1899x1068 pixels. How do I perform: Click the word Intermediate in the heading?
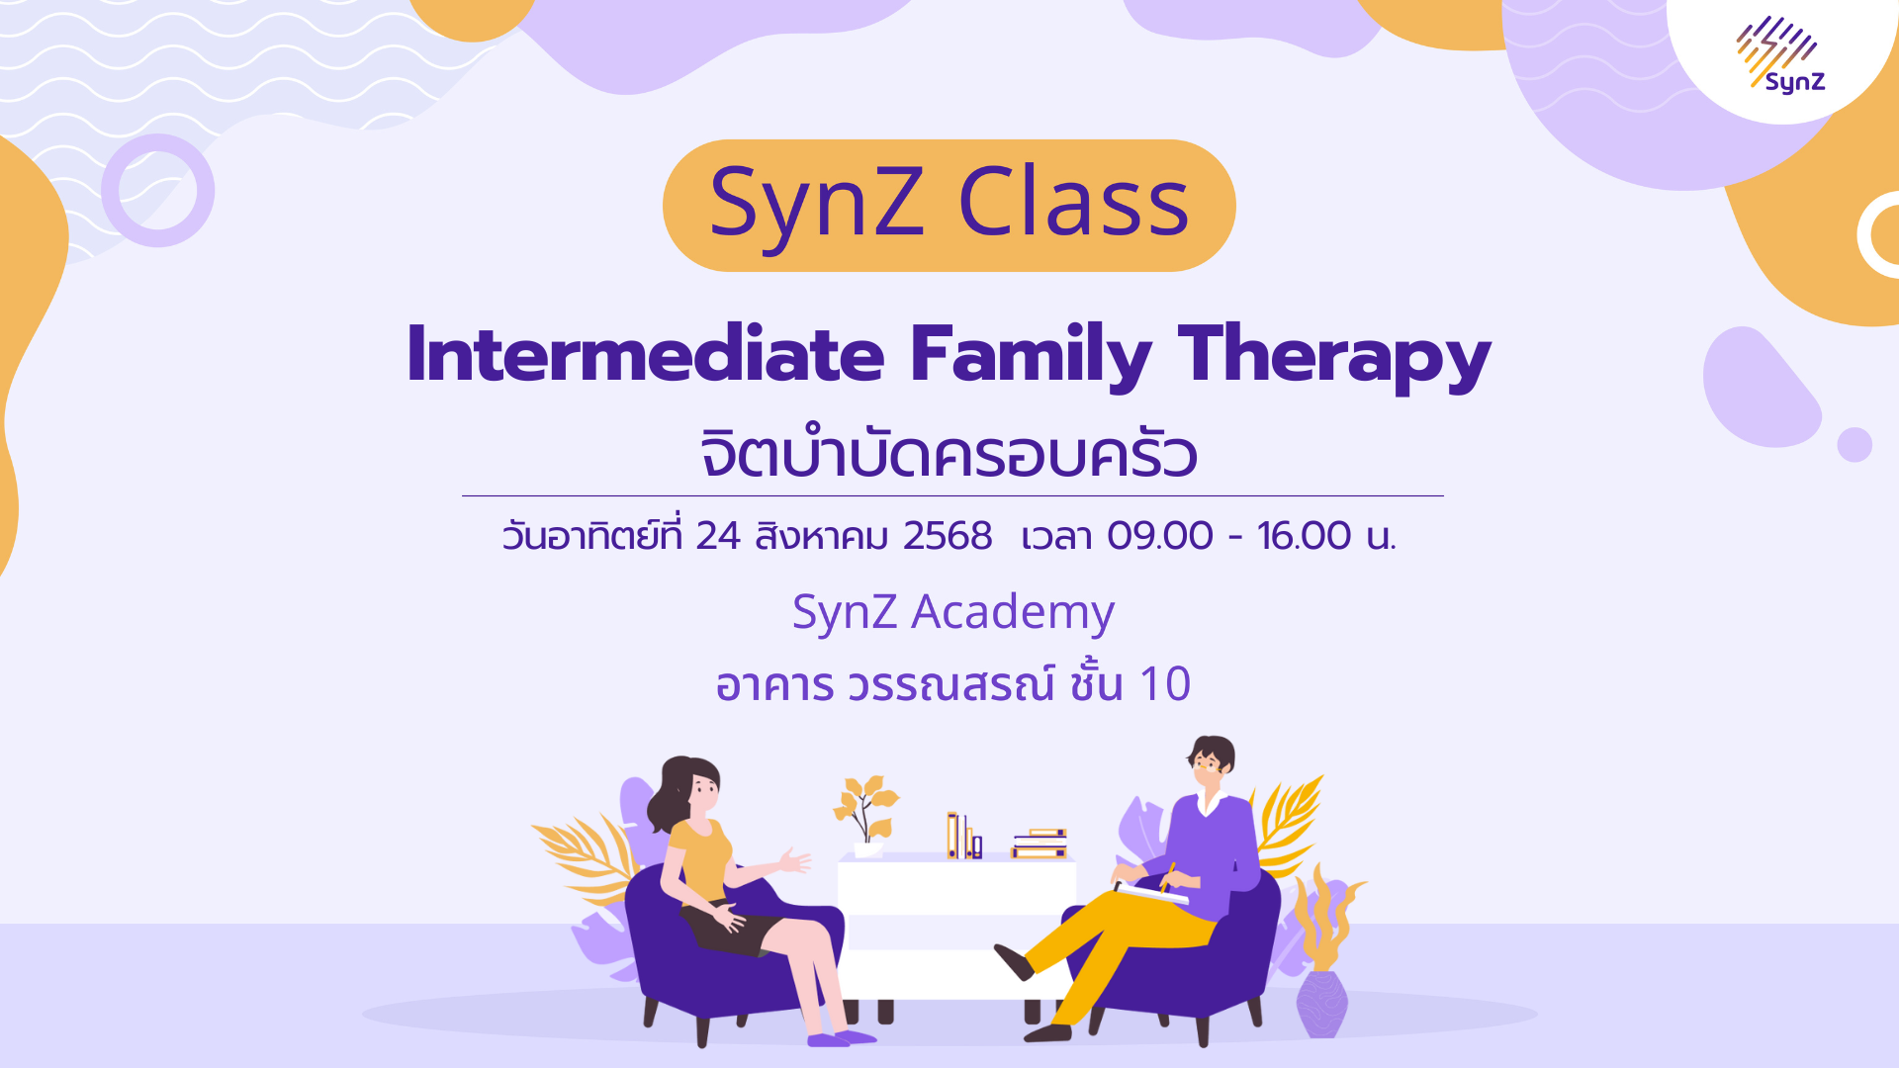pos(645,355)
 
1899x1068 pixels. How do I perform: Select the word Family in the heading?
pos(1031,355)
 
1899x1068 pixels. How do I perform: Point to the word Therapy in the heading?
pos(1333,355)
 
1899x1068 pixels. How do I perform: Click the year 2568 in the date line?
pos(947,536)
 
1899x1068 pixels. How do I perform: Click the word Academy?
pos(1013,613)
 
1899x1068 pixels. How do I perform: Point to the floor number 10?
pos(1164,684)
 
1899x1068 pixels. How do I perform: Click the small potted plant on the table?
pos(865,816)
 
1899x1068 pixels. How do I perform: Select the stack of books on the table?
pos(1039,843)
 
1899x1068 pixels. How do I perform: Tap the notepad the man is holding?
pos(1152,894)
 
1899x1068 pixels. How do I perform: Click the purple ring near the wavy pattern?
pos(158,190)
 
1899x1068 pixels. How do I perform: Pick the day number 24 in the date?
pos(717,536)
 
